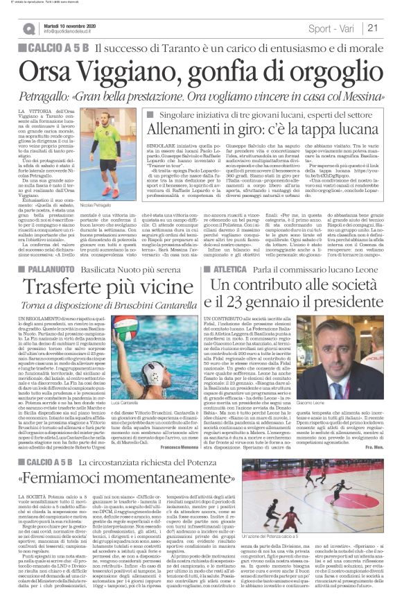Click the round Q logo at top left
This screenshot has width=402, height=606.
(28, 28)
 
